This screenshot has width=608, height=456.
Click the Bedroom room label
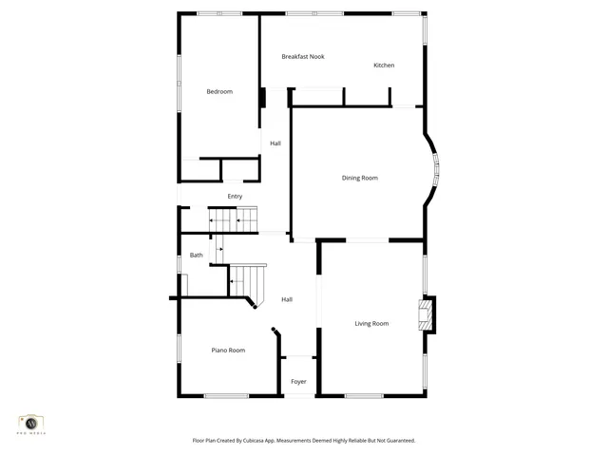(219, 91)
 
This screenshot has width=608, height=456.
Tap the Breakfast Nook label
(302, 57)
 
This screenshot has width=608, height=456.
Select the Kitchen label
(384, 66)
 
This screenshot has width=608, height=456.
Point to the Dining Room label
(360, 178)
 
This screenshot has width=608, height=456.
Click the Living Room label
(371, 324)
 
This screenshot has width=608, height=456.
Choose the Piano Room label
(228, 351)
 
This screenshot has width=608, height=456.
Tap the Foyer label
(298, 382)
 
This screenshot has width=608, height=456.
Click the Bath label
(197, 255)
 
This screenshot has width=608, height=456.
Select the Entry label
(235, 197)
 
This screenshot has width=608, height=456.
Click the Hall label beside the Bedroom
(275, 143)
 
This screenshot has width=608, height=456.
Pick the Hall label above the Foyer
(287, 300)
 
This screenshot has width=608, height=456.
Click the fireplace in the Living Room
(427, 315)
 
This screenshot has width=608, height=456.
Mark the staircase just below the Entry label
(234, 219)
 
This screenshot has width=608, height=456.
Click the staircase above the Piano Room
(247, 282)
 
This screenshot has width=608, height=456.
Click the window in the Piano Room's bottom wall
(226, 395)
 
